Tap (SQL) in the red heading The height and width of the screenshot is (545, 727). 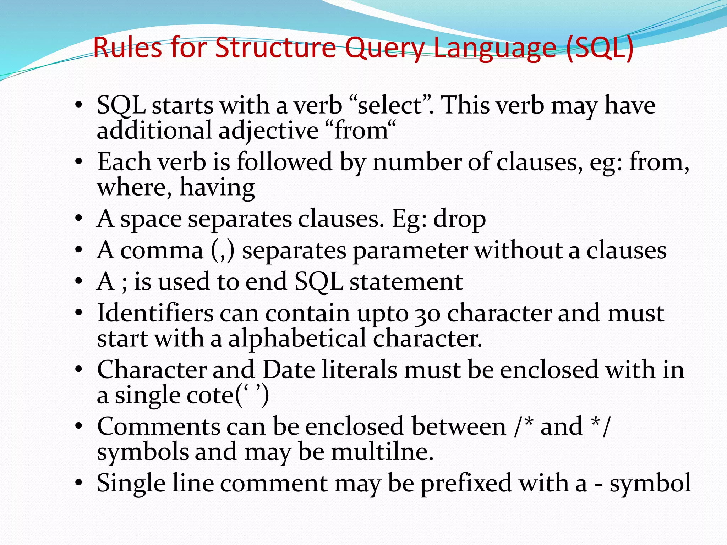600,48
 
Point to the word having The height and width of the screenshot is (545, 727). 217,187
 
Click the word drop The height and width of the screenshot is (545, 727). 459,219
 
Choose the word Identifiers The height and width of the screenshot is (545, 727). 155,313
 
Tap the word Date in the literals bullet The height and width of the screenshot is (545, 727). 289,370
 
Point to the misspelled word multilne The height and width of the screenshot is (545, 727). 382,452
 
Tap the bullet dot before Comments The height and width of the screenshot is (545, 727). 79,426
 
